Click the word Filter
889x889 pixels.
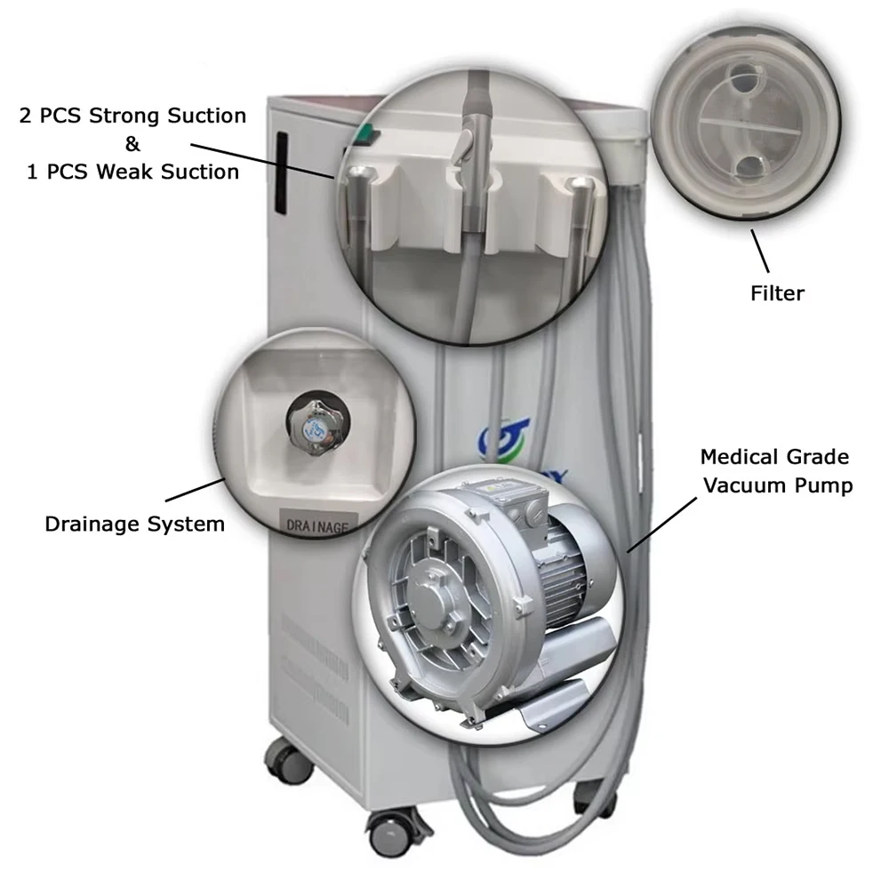pyautogui.click(x=777, y=292)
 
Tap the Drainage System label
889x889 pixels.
pyautogui.click(x=134, y=524)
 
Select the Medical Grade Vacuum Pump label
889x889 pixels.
pyautogui.click(x=774, y=471)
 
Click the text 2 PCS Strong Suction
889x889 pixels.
pyautogui.click(x=132, y=116)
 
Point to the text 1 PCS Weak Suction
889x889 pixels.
pyautogui.click(x=132, y=172)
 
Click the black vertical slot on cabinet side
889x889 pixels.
pyautogui.click(x=282, y=172)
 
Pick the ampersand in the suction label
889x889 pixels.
pyautogui.click(x=132, y=144)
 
